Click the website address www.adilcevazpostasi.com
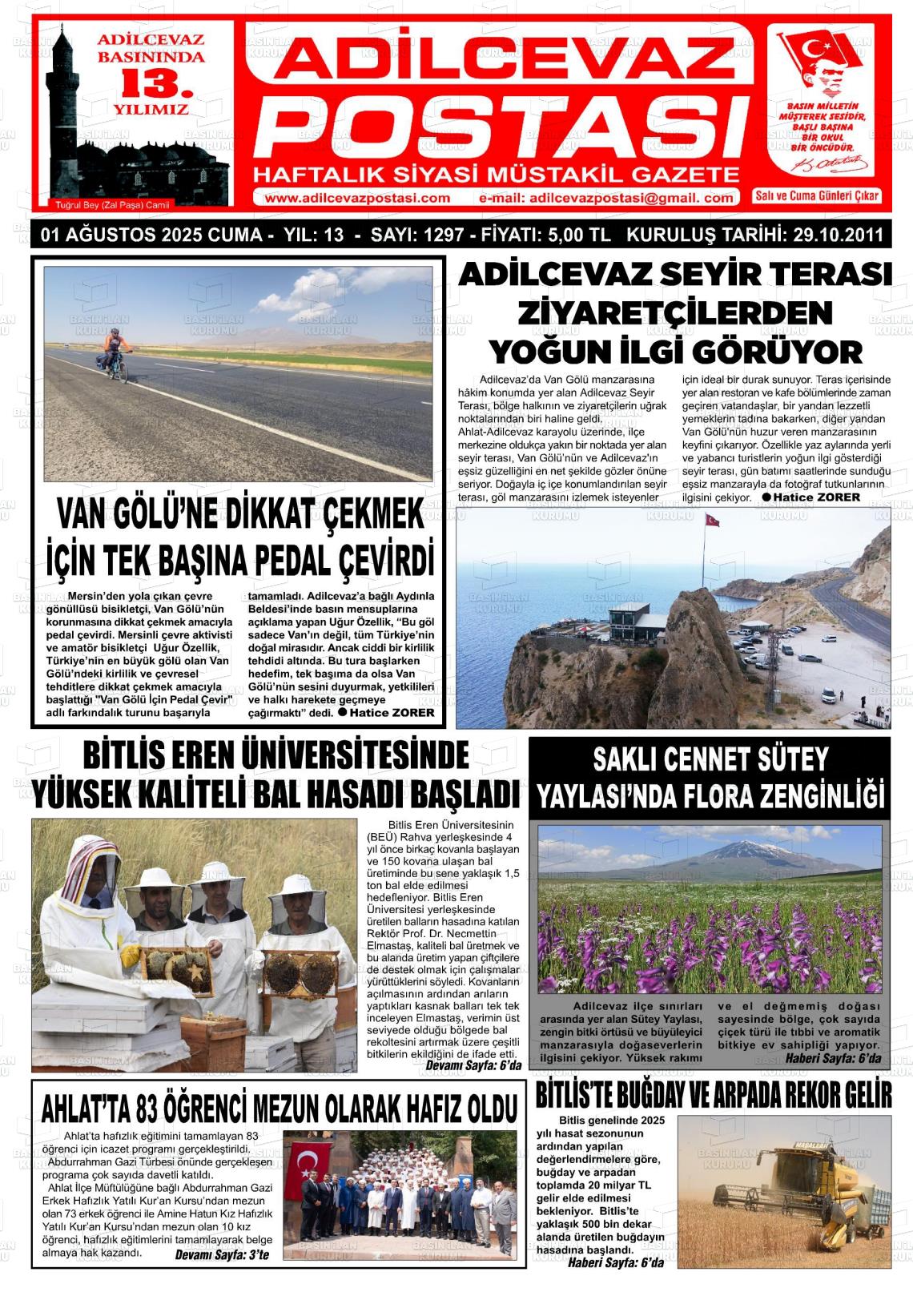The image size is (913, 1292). click(x=356, y=199)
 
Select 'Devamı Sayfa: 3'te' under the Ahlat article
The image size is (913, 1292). click(x=222, y=1254)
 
